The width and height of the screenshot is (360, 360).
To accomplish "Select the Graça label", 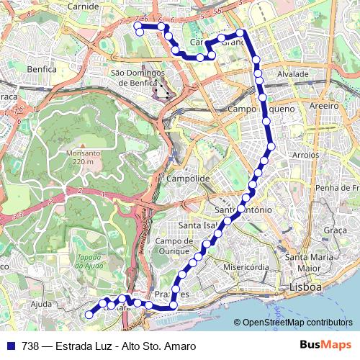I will (336, 230).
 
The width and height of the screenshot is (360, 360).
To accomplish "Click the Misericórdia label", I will (246, 266).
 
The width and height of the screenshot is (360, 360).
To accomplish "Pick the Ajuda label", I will (41, 304).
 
